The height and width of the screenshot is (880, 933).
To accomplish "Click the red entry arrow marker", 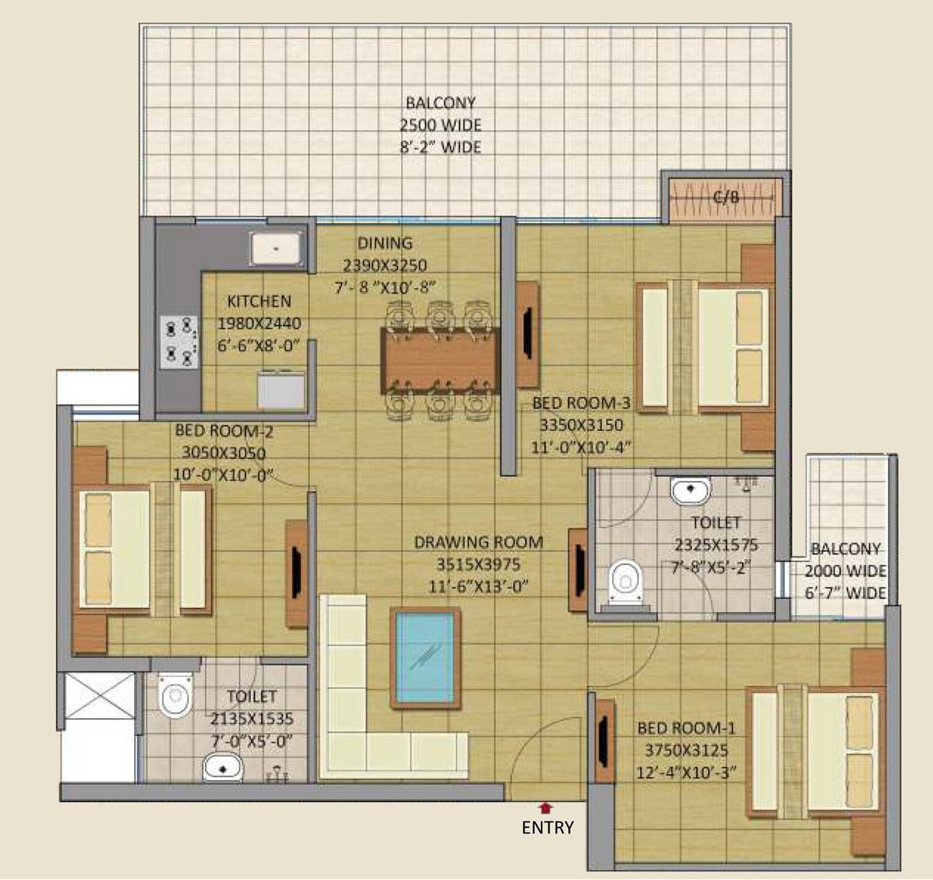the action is (546, 808).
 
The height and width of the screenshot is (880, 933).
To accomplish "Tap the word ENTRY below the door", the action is (547, 828).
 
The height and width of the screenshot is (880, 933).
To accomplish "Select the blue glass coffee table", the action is (426, 658).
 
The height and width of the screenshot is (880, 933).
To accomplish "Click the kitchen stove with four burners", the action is (179, 342).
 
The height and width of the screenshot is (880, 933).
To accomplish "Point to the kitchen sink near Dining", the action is (276, 248).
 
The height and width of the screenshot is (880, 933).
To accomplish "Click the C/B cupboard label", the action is (726, 196).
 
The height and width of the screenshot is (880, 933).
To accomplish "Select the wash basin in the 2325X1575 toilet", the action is (691, 490).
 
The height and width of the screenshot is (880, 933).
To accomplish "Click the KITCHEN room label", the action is (260, 301).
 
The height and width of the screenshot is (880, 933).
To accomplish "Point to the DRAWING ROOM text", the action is (479, 542).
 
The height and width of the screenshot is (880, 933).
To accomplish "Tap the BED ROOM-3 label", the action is (581, 404).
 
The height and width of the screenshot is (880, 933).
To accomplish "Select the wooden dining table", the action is (439, 360).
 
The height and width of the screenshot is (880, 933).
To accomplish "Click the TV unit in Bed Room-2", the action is (297, 574).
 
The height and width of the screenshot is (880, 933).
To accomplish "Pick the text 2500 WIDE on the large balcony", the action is (440, 125).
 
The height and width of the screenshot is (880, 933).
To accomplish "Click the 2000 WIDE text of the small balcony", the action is (846, 571).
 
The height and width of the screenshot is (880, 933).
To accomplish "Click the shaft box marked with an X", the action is (99, 695).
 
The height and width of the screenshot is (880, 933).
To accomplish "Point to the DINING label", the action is (385, 242).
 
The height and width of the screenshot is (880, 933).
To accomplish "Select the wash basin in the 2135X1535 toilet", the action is (223, 768).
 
